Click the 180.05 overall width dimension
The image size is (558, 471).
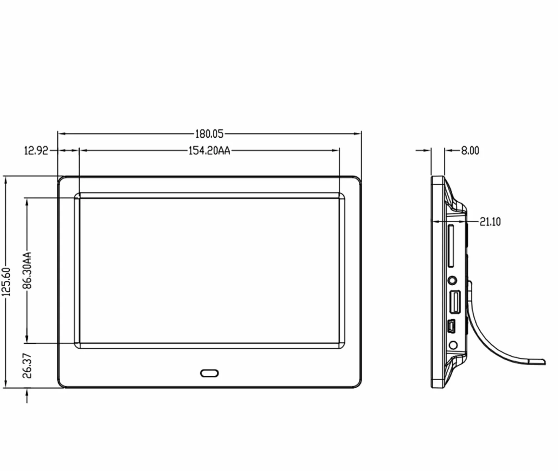(209, 134)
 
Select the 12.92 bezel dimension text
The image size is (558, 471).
(36, 151)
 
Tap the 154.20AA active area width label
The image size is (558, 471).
(209, 151)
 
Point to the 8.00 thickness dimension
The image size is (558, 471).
(470, 151)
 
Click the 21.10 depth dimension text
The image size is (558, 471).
(490, 222)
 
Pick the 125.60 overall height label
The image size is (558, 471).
(6, 282)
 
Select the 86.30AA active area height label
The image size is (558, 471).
(27, 270)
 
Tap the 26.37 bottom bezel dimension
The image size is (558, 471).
(27, 366)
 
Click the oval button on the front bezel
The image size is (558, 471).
(210, 373)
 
